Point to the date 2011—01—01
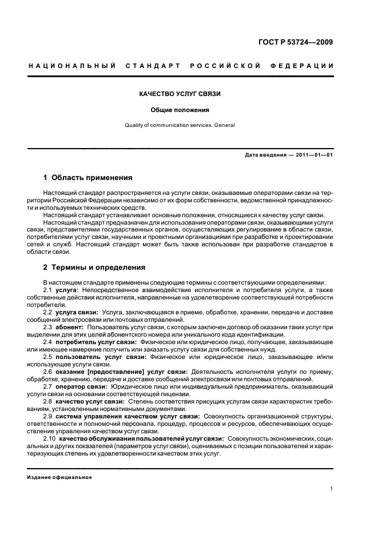(315, 155)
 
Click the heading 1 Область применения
(88, 178)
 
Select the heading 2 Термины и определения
(94, 267)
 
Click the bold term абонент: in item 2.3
(69, 328)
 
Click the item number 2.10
(50, 439)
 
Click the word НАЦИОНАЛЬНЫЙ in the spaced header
(73, 66)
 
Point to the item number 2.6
(48, 372)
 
